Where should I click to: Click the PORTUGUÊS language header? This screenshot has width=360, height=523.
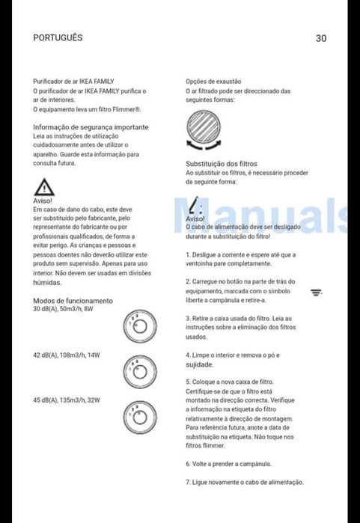[58, 37]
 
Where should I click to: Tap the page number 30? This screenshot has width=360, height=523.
[321, 38]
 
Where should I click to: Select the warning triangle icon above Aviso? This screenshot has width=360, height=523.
[44, 187]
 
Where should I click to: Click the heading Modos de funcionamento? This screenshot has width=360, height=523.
[73, 301]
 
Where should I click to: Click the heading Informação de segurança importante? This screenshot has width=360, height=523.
[91, 127]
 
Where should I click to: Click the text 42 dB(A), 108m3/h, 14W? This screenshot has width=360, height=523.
[66, 354]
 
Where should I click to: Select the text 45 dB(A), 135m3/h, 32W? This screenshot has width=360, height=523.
[66, 400]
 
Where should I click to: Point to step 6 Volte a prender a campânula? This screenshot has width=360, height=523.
[228, 464]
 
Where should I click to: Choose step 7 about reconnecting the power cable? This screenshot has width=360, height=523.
[244, 483]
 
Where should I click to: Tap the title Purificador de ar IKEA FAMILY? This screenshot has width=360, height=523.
[73, 81]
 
